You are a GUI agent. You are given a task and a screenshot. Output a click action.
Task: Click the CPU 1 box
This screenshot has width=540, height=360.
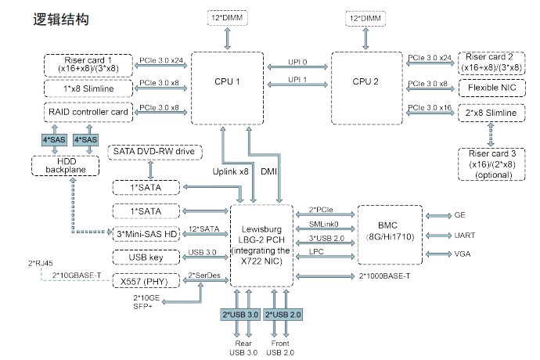(x=227, y=82)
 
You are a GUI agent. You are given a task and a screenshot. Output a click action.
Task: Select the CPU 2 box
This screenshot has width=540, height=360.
(x=365, y=82)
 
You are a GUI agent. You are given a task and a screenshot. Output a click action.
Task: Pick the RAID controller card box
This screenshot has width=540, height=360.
(x=88, y=112)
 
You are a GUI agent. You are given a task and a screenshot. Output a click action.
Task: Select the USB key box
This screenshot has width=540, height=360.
(x=146, y=257)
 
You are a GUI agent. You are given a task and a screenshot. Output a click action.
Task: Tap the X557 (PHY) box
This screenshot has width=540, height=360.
(x=146, y=280)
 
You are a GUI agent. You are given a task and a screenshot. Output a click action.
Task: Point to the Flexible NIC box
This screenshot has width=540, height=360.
(x=491, y=88)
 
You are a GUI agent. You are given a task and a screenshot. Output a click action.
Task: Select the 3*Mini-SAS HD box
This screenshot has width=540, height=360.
(x=146, y=234)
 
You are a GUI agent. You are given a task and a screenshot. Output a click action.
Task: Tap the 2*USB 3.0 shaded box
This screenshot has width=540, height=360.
(x=240, y=315)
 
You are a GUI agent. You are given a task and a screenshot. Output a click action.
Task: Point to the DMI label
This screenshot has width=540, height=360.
(x=269, y=171)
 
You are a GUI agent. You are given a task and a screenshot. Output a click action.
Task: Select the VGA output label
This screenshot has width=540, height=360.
(x=463, y=254)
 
